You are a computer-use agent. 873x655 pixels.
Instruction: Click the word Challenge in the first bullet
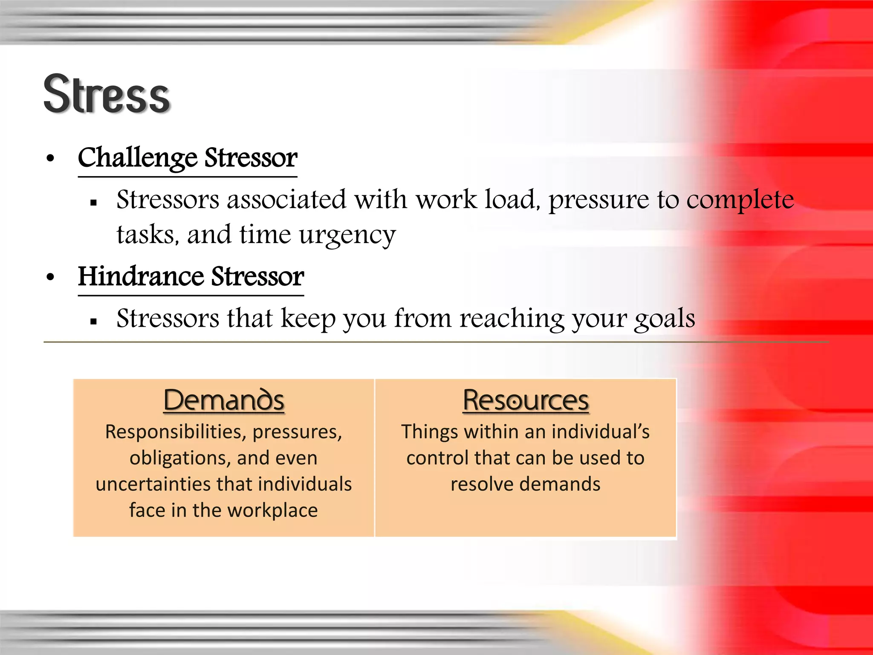[x=137, y=158]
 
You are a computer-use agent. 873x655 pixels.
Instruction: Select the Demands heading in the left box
[x=224, y=400]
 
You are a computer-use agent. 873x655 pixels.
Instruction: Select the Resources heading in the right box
[x=526, y=400]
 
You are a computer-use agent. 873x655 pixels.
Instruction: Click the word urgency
[x=347, y=235]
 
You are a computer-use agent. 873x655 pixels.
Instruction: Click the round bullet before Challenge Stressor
[x=51, y=159]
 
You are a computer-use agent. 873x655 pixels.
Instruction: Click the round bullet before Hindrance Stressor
[x=51, y=277]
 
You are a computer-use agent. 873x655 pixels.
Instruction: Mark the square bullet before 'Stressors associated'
[x=94, y=203]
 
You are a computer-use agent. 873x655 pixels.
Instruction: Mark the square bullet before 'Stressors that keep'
[x=94, y=322]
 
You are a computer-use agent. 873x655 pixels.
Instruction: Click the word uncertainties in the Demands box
[x=153, y=484]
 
